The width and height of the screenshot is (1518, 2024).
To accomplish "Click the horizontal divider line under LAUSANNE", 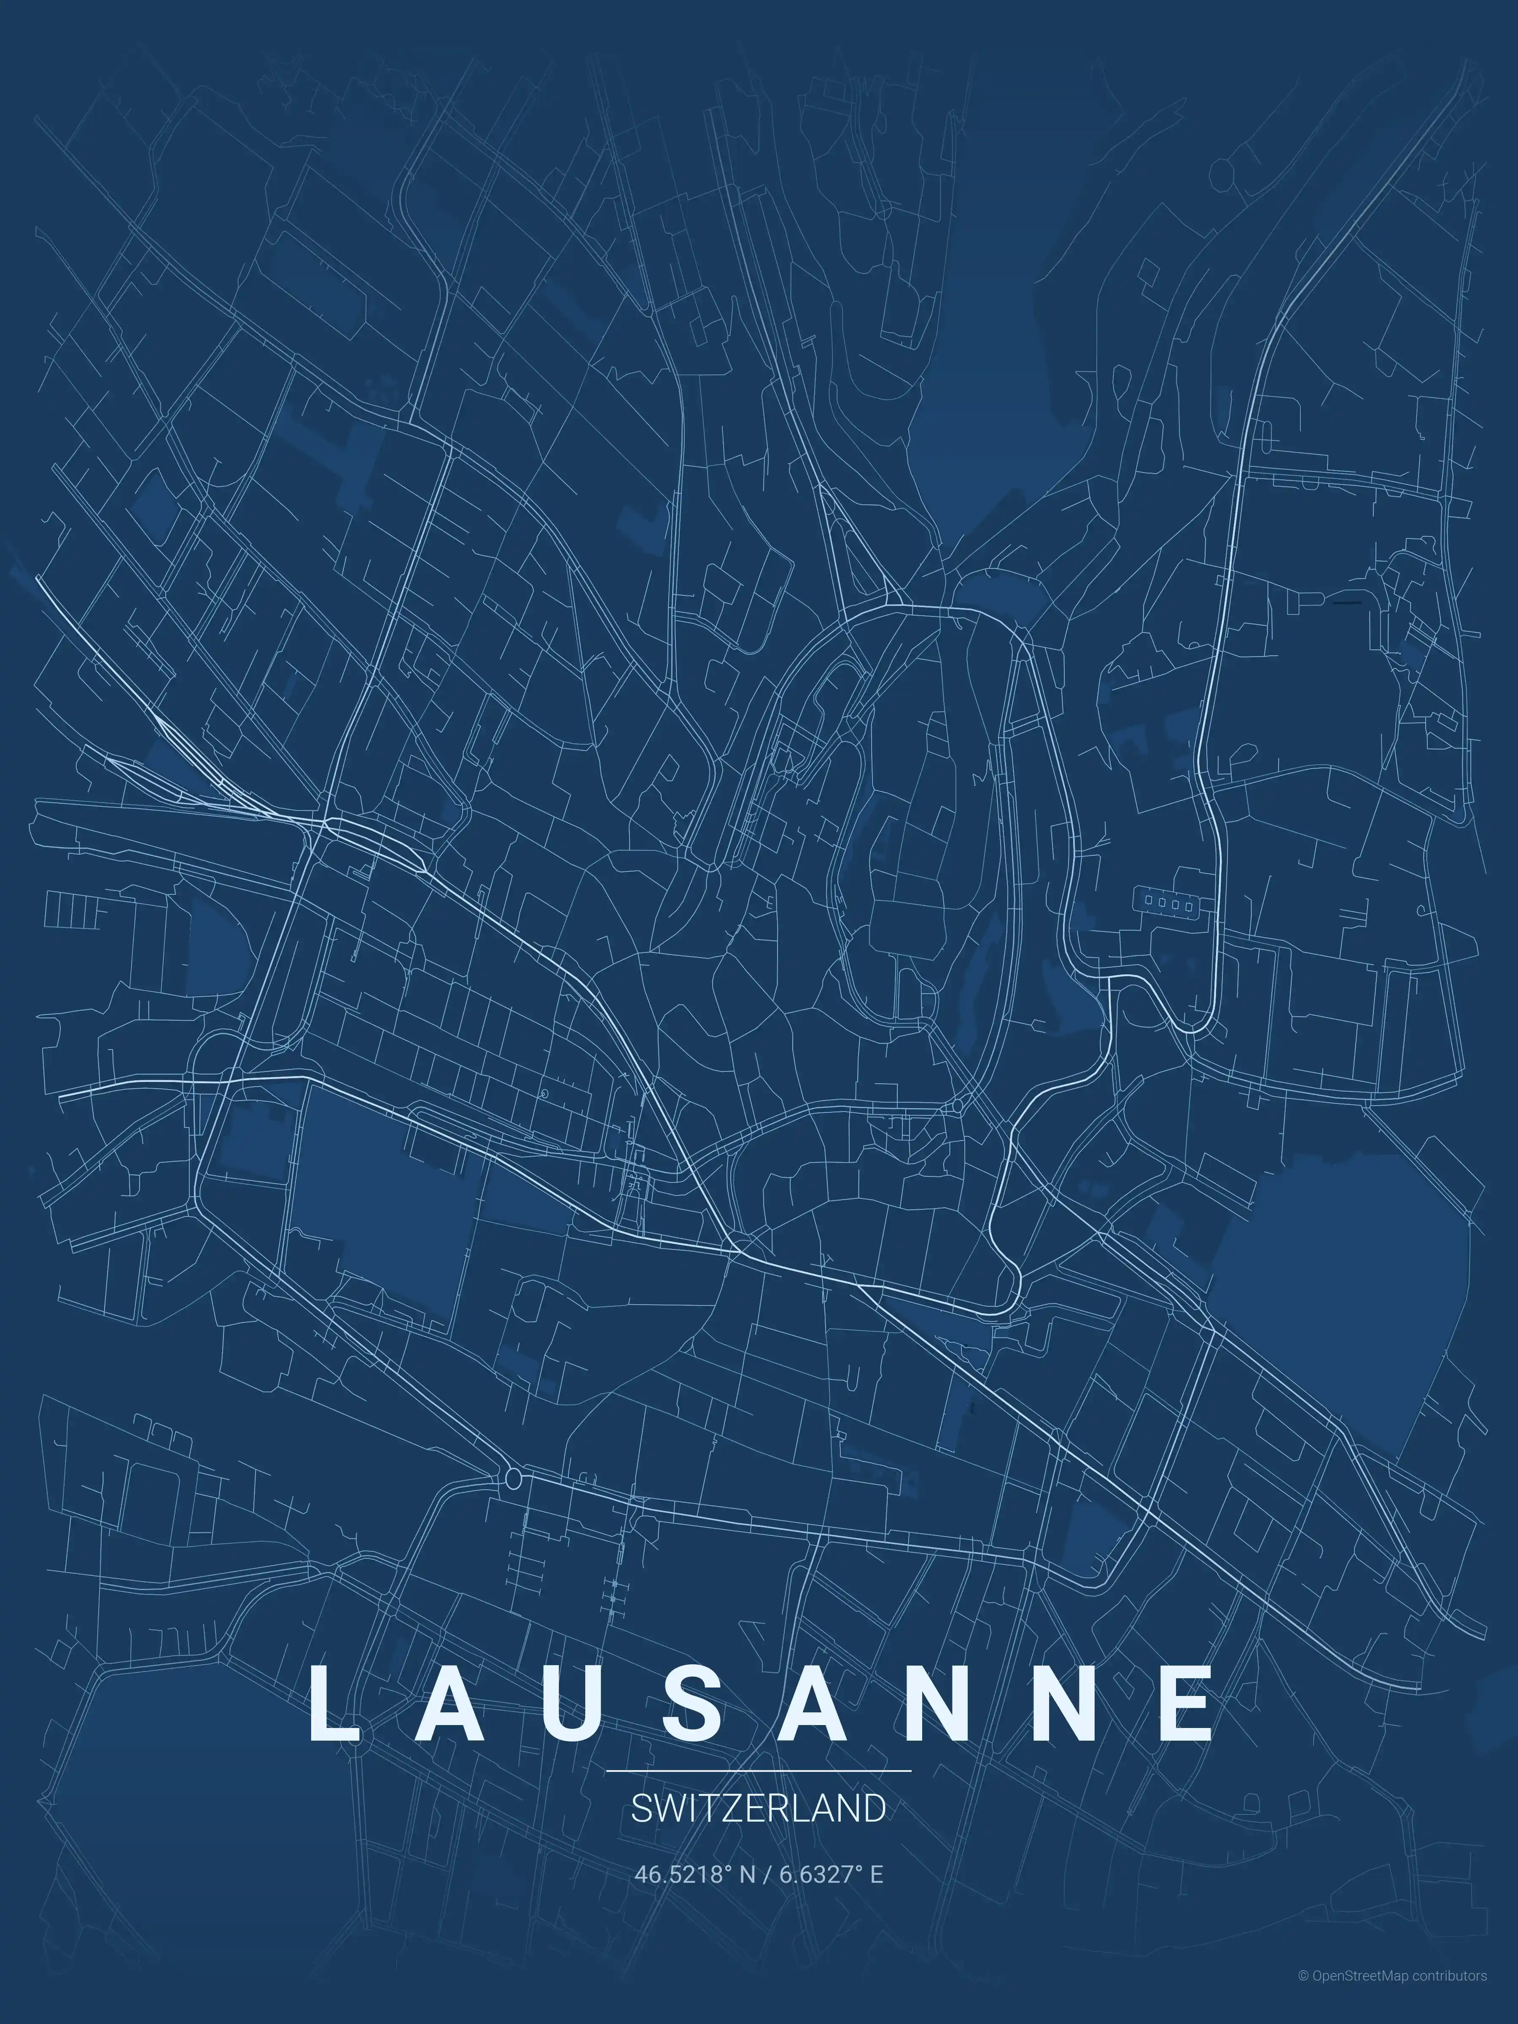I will pyautogui.click(x=759, y=1771).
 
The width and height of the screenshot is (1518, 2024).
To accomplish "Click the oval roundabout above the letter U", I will pyautogui.click(x=513, y=1477).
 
